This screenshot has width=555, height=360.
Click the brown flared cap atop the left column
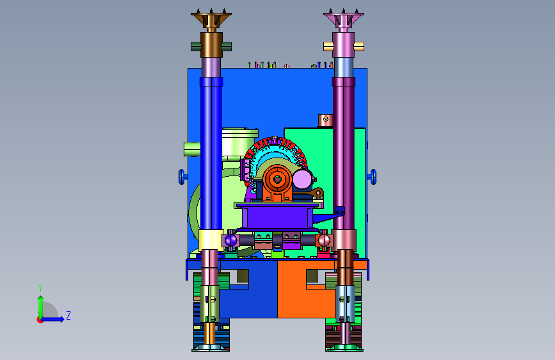[x=211, y=20]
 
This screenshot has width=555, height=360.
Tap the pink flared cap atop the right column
[x=343, y=20]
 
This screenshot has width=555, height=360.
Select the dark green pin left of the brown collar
[x=196, y=46]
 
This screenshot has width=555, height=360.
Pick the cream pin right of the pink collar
[x=359, y=46]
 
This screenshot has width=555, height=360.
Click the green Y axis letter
[x=40, y=288]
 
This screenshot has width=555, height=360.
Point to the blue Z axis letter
[x=68, y=315]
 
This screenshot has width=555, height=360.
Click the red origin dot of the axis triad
[x=40, y=320]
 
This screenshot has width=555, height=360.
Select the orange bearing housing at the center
[x=277, y=183]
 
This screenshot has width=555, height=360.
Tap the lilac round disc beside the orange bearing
[x=302, y=179]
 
